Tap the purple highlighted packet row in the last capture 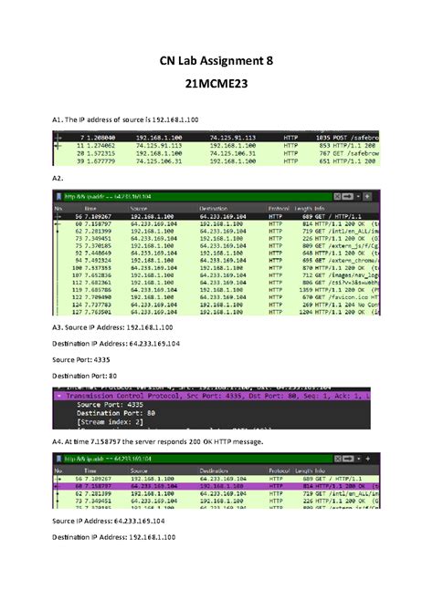click(216, 487)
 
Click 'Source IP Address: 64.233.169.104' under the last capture click(107, 544)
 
